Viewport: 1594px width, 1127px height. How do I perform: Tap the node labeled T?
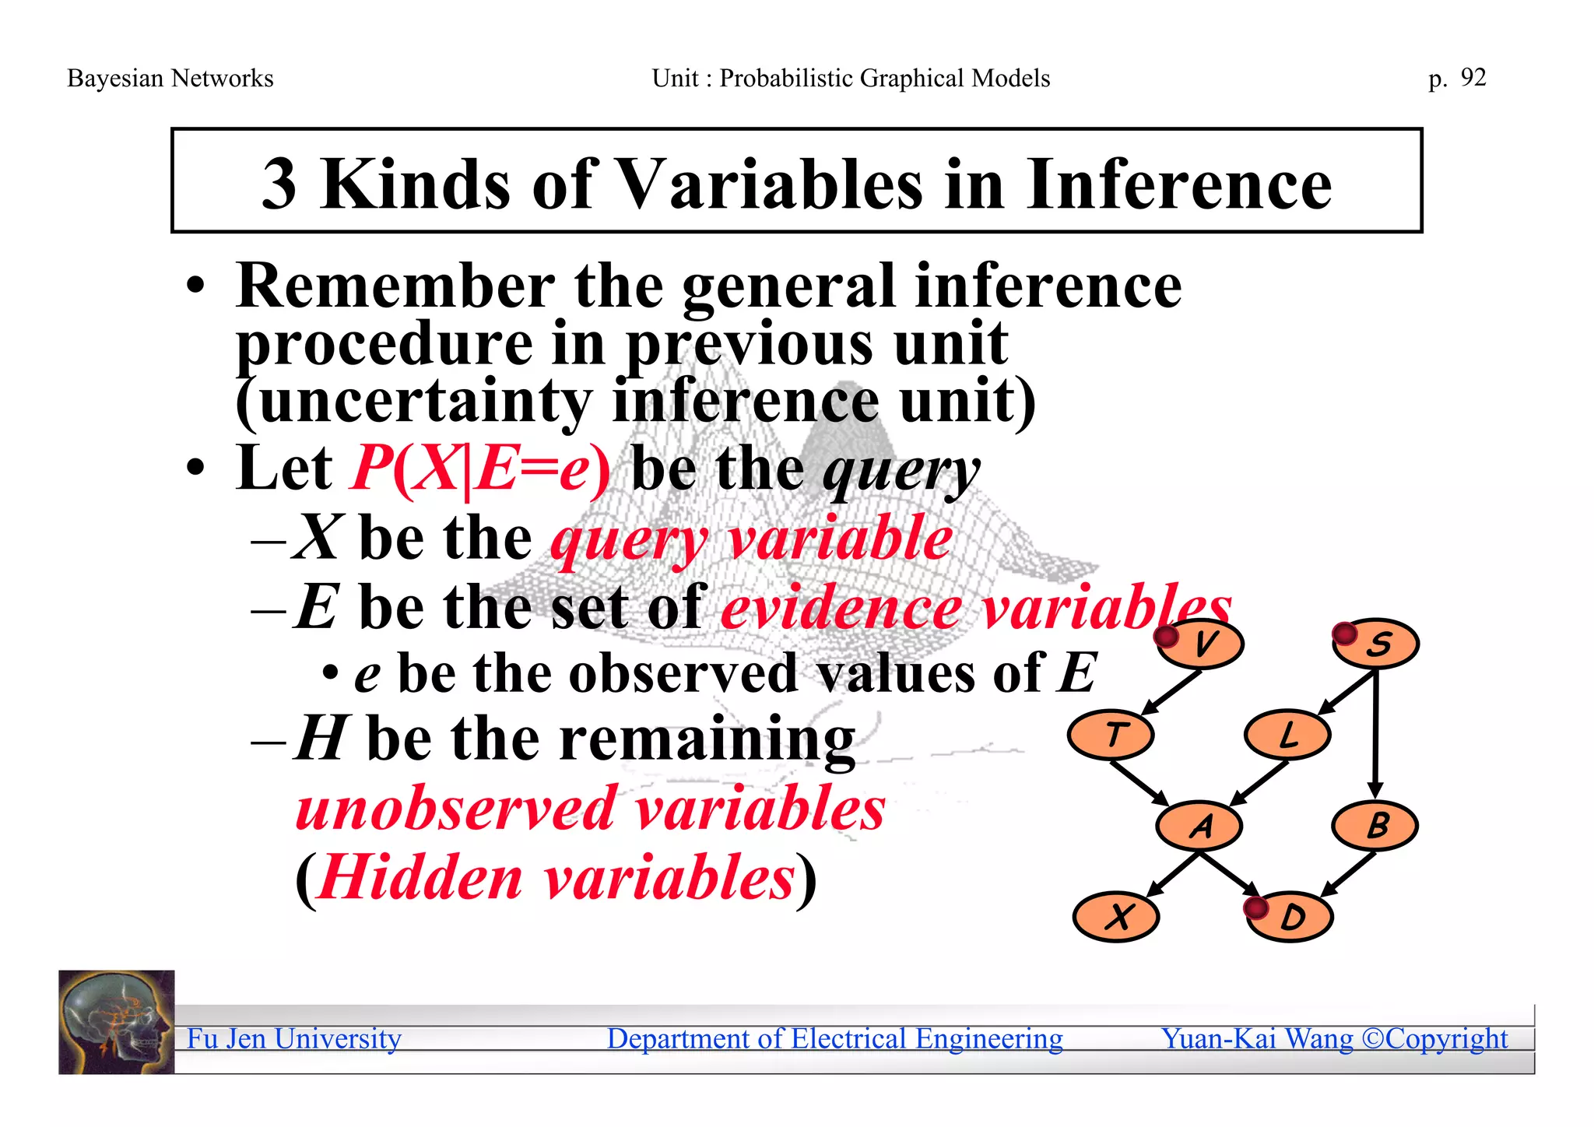pyautogui.click(x=1111, y=735)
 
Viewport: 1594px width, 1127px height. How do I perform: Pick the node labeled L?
pyautogui.click(x=1287, y=735)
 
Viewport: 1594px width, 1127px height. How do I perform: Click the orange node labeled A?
pyautogui.click(x=1199, y=825)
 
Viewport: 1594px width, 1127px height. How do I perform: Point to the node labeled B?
pyautogui.click(x=1375, y=825)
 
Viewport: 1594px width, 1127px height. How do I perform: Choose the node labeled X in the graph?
pyautogui.click(x=1117, y=917)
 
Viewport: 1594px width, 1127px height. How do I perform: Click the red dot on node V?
pyautogui.click(x=1166, y=637)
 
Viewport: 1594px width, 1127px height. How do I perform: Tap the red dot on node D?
pyautogui.click(x=1255, y=908)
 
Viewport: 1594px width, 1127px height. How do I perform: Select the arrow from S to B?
pyautogui.click(x=1376, y=732)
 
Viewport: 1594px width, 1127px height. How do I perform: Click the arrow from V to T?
pyautogui.click(x=1171, y=691)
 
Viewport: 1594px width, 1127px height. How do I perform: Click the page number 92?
pyautogui.click(x=1473, y=77)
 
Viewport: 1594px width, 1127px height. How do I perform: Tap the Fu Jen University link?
pyautogui.click(x=294, y=1038)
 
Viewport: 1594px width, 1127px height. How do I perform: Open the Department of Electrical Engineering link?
pyautogui.click(x=834, y=1038)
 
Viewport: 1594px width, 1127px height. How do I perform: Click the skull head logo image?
pyautogui.click(x=117, y=1022)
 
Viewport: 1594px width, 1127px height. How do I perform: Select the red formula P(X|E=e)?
pyautogui.click(x=481, y=469)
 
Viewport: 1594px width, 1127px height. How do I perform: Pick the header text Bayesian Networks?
pyautogui.click(x=170, y=78)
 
